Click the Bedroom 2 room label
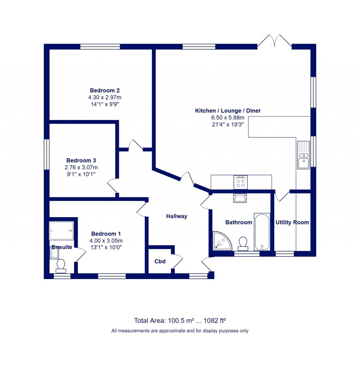tap(104, 90)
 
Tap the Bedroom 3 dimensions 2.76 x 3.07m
tap(81, 167)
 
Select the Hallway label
tap(176, 216)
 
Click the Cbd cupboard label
tap(160, 261)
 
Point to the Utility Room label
tap(292, 222)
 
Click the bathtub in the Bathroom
tap(262, 232)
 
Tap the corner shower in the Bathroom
tap(221, 241)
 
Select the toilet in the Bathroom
tap(243, 243)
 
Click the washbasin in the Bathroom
tap(240, 198)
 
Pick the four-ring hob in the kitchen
tap(240, 182)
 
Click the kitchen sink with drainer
tap(303, 155)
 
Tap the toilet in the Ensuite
tap(61, 266)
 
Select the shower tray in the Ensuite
tap(62, 230)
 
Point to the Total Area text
tap(180, 321)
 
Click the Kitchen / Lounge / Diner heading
tap(228, 111)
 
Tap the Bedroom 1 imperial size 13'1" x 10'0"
tap(106, 247)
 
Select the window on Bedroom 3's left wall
tap(46, 154)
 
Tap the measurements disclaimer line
tap(180, 331)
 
